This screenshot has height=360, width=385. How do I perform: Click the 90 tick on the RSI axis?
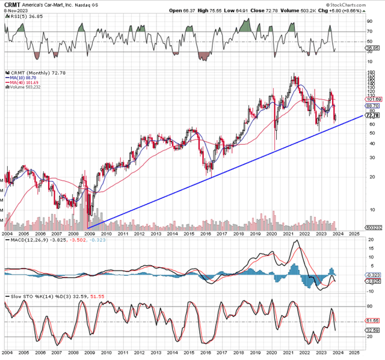370,22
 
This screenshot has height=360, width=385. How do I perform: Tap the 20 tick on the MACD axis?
370,240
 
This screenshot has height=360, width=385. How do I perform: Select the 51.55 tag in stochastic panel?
374,322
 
